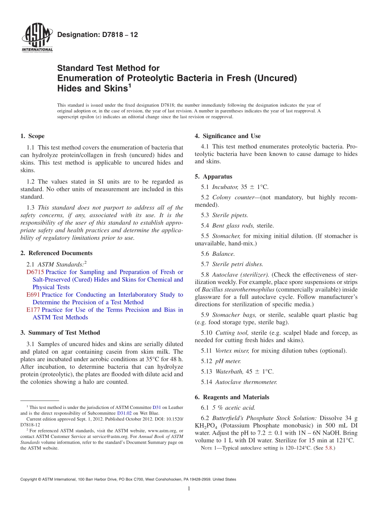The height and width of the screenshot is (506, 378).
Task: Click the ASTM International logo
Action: tap(37, 38)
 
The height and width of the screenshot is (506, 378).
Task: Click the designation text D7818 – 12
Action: tap(97, 35)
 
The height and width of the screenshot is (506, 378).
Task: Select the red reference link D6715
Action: tap(35, 272)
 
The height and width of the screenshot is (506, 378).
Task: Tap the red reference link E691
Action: tap(33, 295)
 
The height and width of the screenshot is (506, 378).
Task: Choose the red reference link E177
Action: tap(33, 310)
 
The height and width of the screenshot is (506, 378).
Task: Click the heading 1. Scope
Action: tap(32, 136)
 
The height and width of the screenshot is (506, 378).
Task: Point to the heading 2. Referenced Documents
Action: tap(56, 253)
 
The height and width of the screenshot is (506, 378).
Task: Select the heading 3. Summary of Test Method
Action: tap(60, 333)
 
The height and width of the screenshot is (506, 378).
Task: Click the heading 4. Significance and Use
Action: tap(228, 136)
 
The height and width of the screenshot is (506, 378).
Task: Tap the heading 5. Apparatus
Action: tap(213, 177)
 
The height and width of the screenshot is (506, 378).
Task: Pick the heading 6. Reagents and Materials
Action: tap(232, 397)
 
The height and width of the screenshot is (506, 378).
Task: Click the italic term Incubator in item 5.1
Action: tap(225, 186)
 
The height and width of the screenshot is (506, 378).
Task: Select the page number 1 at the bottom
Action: tap(189, 488)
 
